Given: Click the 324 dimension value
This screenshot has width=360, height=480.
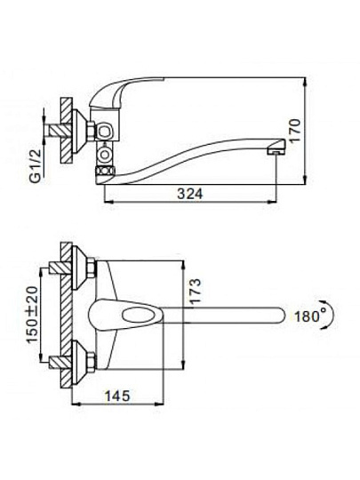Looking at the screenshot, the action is [190, 194].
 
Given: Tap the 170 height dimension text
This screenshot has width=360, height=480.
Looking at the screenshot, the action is [296, 131].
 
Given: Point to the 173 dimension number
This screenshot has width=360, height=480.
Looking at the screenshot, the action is [195, 291].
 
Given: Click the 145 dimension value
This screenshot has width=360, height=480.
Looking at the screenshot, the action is [117, 396].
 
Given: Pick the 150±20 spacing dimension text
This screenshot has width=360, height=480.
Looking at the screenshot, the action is [33, 314].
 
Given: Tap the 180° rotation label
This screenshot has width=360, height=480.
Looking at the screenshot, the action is [307, 316].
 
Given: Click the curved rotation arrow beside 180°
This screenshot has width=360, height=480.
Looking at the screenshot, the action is [330, 316].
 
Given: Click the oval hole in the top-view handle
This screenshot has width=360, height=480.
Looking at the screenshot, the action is [138, 315].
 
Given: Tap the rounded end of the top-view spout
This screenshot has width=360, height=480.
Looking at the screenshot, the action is [280, 315].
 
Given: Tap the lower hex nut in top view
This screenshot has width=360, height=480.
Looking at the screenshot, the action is [92, 362].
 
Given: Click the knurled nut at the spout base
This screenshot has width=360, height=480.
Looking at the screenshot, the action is [104, 171].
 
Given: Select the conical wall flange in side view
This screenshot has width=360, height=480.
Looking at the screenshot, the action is [80, 131].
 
